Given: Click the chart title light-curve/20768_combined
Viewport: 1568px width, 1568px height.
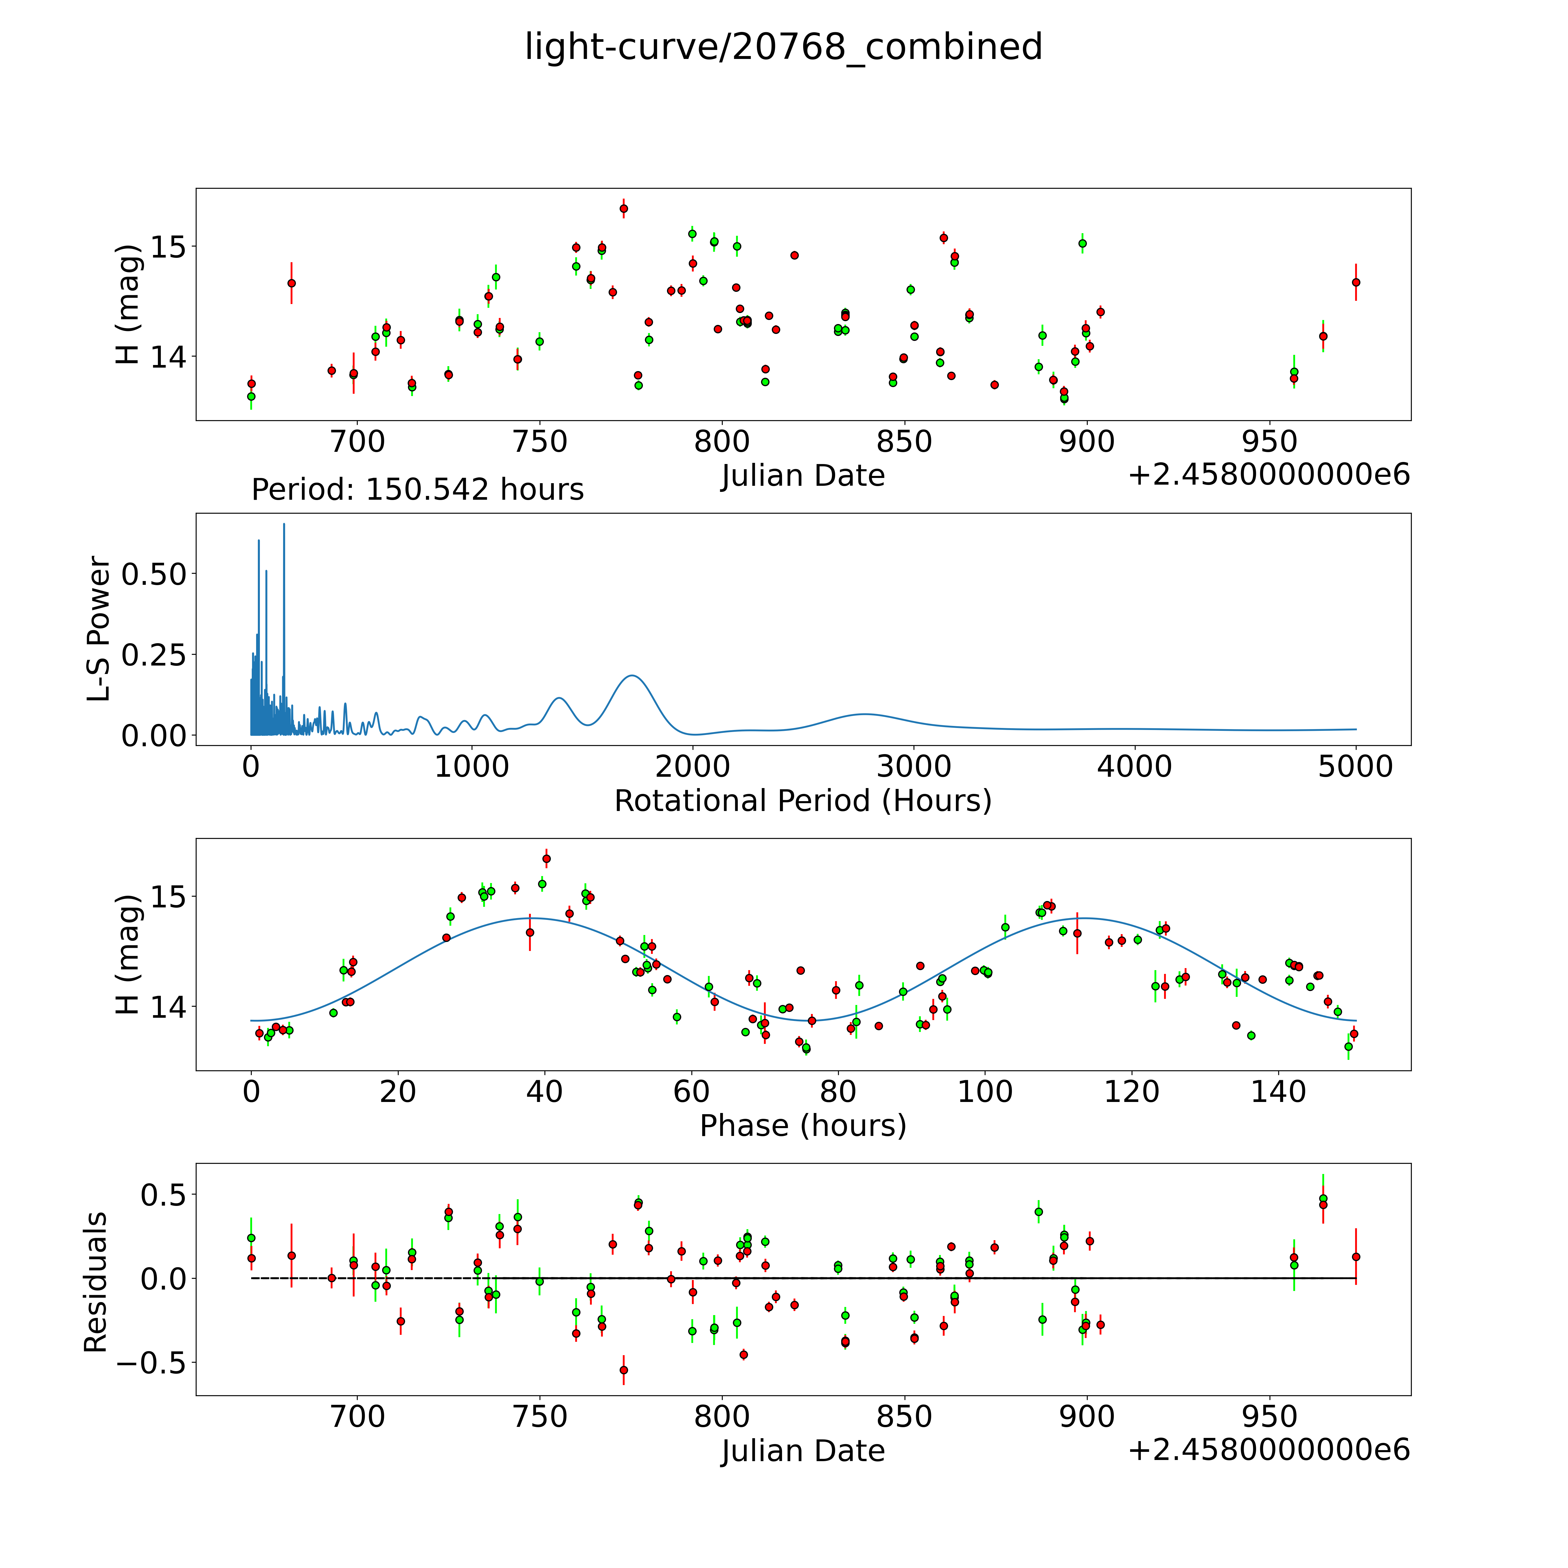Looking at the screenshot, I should click(x=783, y=47).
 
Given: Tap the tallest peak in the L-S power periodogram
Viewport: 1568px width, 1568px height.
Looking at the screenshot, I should click(x=284, y=524).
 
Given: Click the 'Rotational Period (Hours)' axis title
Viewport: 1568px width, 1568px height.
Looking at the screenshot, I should click(x=803, y=801).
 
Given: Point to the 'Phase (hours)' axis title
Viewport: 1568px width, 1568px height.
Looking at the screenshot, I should click(x=803, y=1126).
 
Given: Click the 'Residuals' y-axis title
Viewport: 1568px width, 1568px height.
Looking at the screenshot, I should click(x=96, y=1282).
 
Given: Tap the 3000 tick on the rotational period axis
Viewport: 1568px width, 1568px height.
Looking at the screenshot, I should click(x=914, y=766).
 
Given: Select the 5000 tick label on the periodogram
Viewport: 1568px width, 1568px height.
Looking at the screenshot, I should click(x=1355, y=766).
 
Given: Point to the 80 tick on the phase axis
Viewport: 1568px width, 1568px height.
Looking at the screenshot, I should click(x=837, y=1092).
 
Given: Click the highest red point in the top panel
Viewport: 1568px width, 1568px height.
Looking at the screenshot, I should click(x=623, y=208).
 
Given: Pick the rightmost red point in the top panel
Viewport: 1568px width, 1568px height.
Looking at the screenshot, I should click(x=1355, y=283).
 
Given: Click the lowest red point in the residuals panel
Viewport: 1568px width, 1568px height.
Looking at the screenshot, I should click(x=623, y=1370).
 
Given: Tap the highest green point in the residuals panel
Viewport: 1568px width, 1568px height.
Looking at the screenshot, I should click(x=1323, y=1199).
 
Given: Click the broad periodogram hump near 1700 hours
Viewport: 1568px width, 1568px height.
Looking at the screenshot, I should click(x=632, y=676).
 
